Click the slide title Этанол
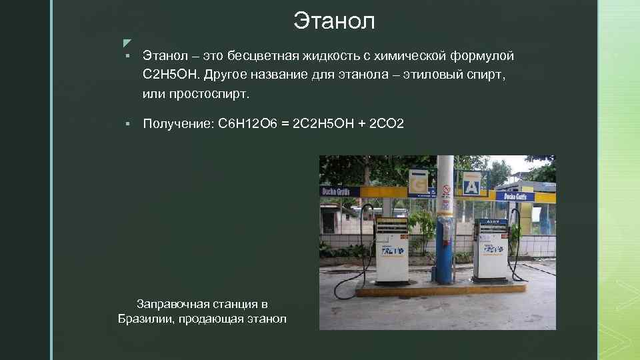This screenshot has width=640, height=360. pyautogui.click(x=334, y=21)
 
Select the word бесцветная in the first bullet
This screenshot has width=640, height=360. pyautogui.click(x=263, y=55)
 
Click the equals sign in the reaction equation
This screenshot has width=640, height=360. pyautogui.click(x=285, y=124)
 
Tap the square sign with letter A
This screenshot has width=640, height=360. pyautogui.click(x=471, y=183)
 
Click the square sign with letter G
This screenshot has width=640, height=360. pyautogui.click(x=418, y=183)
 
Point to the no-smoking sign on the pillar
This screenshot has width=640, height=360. pyautogui.click(x=446, y=191)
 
